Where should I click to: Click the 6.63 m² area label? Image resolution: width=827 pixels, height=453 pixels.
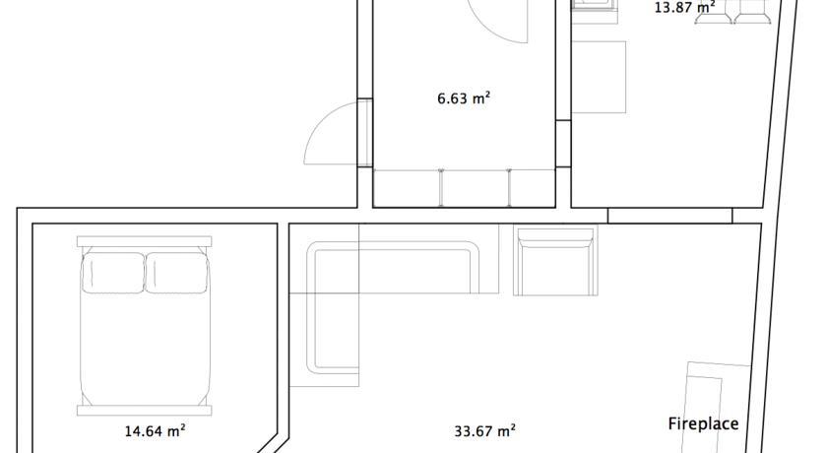tap(464, 98)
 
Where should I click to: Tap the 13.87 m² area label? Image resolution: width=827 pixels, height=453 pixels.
tap(684, 7)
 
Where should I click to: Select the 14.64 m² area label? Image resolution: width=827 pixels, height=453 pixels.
tap(155, 431)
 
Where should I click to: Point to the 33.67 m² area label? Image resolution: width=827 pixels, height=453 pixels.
tap(484, 431)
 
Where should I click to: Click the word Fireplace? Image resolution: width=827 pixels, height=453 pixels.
tap(703, 423)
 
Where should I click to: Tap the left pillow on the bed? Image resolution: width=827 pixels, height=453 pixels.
tap(113, 273)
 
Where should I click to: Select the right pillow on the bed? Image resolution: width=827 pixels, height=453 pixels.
tap(176, 273)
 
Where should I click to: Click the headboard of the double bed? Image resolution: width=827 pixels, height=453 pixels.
tap(144, 241)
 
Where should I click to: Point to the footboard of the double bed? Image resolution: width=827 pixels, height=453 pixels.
tap(144, 411)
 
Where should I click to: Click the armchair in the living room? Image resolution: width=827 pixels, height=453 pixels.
tap(555, 262)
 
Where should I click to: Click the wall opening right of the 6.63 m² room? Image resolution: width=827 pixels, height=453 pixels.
tap(563, 144)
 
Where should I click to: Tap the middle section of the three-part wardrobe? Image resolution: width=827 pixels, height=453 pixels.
tap(475, 188)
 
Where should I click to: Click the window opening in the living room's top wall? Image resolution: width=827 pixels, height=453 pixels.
tap(669, 216)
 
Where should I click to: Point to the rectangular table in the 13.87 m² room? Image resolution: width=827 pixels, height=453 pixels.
tap(600, 77)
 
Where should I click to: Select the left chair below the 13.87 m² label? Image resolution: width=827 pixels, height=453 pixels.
tap(714, 12)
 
